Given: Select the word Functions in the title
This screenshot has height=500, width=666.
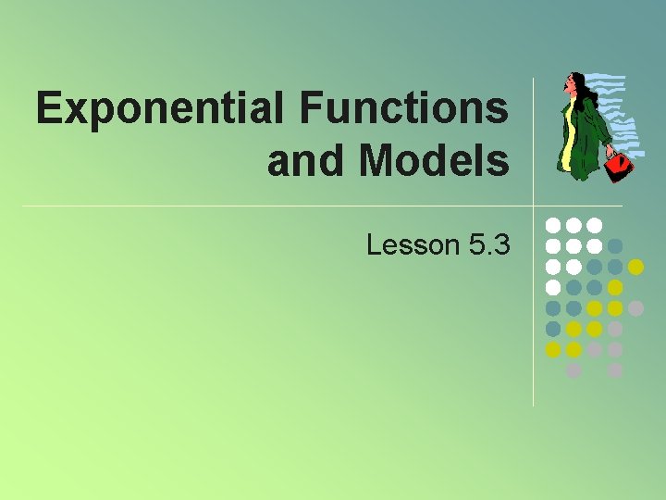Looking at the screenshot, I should tap(403, 109).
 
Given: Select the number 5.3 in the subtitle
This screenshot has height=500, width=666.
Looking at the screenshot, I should tap(488, 244).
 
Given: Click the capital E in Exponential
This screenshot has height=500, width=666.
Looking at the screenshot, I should tap(49, 109).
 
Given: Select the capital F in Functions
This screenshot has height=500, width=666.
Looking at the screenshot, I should tap(310, 109).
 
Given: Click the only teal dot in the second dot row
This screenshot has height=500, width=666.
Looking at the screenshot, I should tap(615, 246).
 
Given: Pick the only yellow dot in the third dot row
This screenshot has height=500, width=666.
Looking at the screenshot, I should tap(635, 267).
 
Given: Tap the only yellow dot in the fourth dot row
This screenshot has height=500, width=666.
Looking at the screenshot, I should tap(615, 287).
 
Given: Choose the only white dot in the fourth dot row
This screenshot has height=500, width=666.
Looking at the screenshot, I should tap(553, 287).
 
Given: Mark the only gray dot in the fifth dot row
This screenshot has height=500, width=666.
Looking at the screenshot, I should tap(635, 307).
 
